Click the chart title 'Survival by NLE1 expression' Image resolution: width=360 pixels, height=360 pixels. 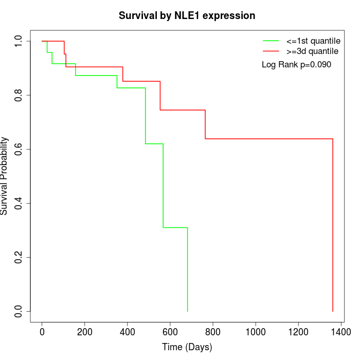pyautogui.click(x=187, y=16)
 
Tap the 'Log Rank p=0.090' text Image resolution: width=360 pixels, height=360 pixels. pyautogui.click(x=296, y=65)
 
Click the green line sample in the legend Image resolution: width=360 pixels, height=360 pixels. pyautogui.click(x=271, y=41)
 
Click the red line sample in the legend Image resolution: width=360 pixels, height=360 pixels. pyautogui.click(x=271, y=51)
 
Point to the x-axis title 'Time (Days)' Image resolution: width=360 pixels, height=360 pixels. pyautogui.click(x=187, y=347)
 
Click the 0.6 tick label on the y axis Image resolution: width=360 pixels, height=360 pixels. pyautogui.click(x=19, y=149)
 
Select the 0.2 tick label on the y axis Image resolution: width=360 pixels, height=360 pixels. pyautogui.click(x=19, y=257)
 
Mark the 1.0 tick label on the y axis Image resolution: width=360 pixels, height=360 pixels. pyautogui.click(x=19, y=41)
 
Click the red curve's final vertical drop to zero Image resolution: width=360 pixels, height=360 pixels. pyautogui.click(x=333, y=226)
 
